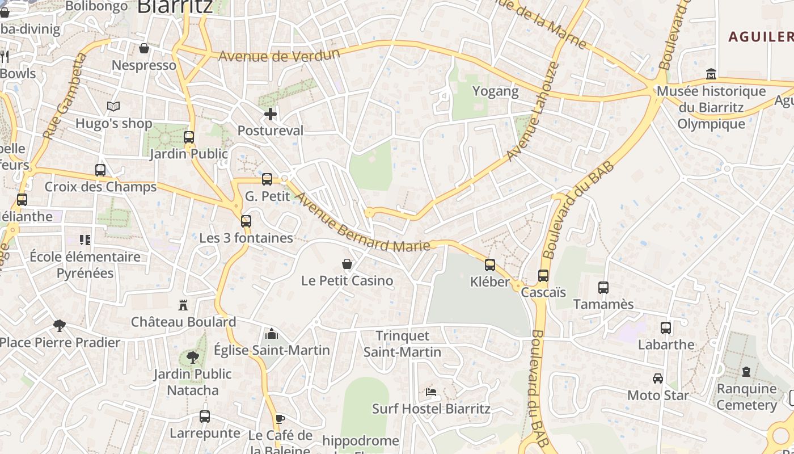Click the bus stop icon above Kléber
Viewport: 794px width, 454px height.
490,265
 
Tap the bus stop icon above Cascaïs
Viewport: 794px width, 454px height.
543,276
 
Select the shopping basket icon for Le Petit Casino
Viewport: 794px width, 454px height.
347,264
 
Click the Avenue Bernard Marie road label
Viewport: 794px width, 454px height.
363,222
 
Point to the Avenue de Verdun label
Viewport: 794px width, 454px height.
278,56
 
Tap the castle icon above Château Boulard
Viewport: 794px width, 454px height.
183,305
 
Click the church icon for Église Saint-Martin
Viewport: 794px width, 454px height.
272,334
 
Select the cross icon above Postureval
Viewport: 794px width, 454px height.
271,114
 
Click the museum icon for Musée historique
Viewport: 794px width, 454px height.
711,74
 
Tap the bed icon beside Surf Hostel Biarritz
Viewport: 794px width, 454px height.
431,392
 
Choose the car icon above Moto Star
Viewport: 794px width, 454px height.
658,379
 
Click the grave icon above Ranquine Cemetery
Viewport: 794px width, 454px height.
746,372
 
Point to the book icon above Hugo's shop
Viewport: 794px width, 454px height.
113,107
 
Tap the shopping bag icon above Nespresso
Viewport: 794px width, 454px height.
144,48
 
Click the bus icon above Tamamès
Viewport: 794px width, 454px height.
603,288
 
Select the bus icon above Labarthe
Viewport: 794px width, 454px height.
666,328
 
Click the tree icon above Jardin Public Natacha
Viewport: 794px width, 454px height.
193,358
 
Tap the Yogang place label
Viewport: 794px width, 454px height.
496,91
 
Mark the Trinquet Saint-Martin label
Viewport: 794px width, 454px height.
402,344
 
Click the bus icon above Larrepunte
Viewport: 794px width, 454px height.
205,417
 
